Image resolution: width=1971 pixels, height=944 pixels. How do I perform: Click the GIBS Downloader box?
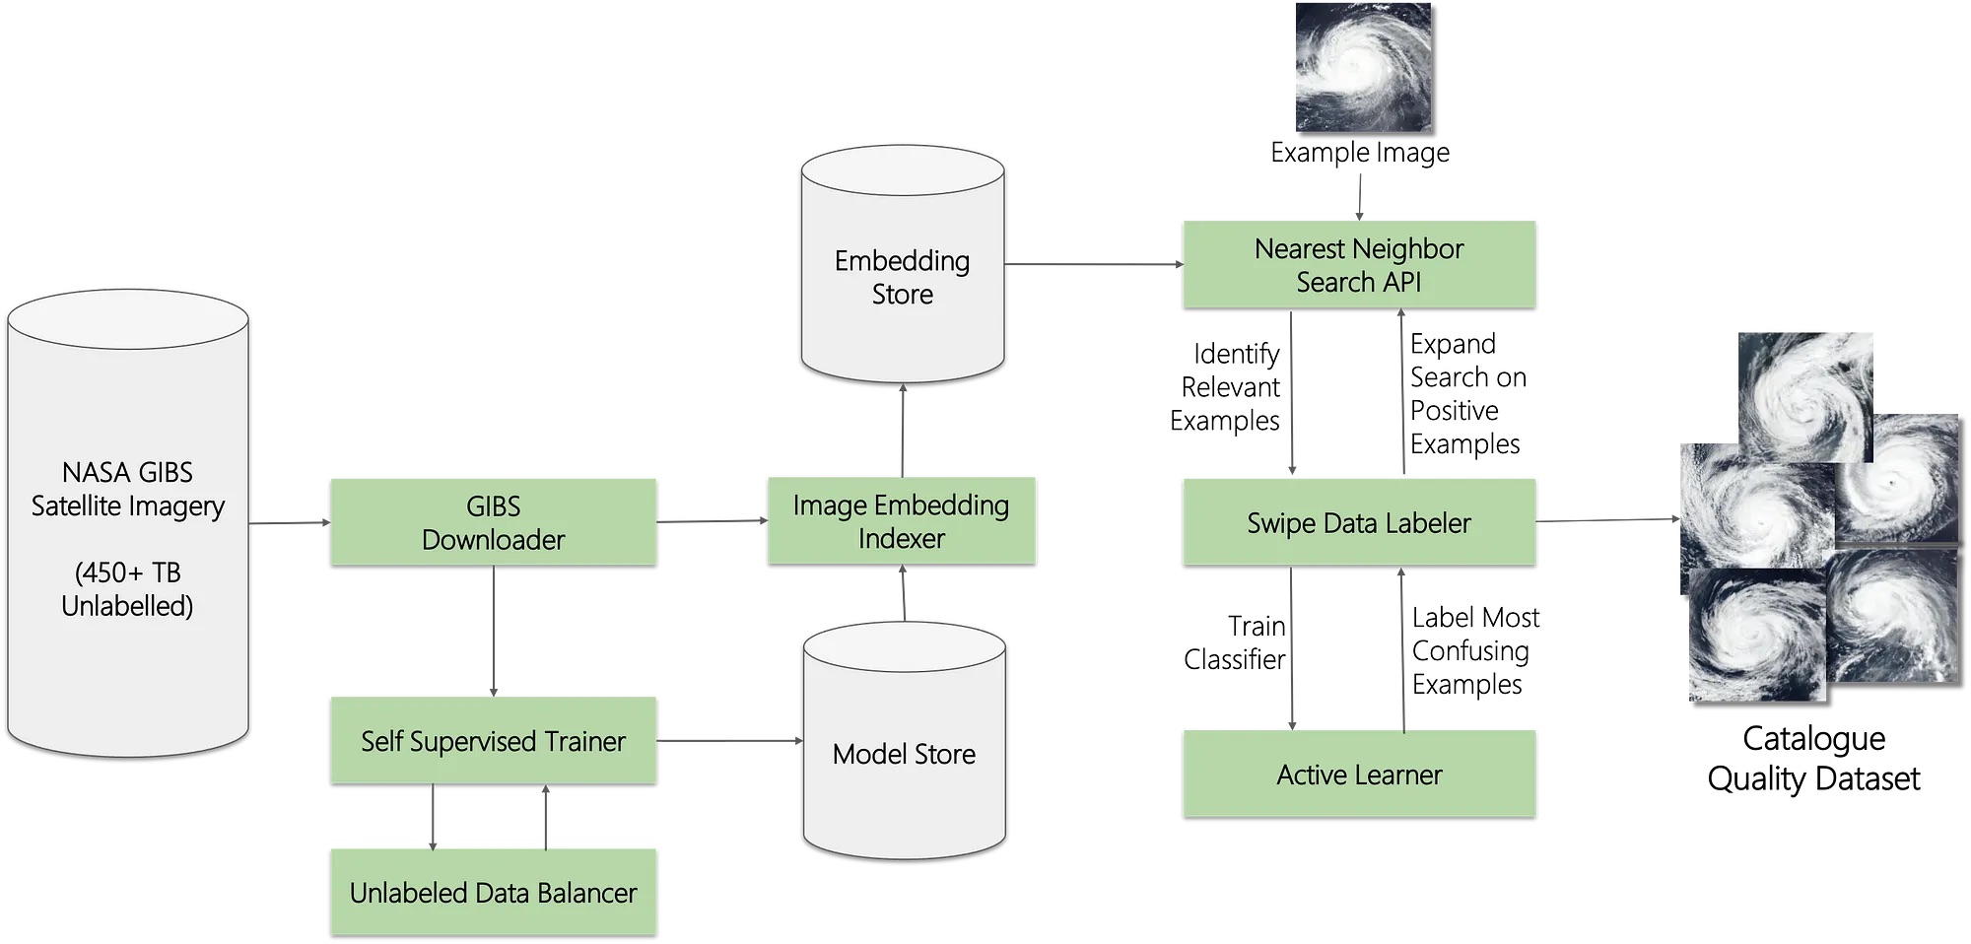(x=493, y=522)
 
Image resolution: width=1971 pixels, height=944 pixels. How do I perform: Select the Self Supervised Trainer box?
(x=493, y=741)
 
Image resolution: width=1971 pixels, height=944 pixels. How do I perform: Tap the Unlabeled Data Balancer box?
(x=493, y=893)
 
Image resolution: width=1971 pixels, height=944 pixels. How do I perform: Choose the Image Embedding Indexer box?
(x=902, y=521)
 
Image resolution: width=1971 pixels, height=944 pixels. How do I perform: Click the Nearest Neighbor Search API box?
(x=1359, y=264)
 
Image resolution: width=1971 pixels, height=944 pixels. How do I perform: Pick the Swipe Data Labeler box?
(x=1359, y=522)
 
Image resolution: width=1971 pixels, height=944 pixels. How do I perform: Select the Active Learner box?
(x=1359, y=775)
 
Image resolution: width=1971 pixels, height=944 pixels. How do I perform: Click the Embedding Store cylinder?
(x=903, y=264)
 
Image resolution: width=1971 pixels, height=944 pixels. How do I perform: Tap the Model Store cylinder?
(x=905, y=741)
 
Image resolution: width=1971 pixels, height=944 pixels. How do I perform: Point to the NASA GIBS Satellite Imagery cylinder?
(x=128, y=522)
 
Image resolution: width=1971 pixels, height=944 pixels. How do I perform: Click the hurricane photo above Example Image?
(x=1363, y=67)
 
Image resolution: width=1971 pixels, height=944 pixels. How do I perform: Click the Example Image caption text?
(x=1360, y=153)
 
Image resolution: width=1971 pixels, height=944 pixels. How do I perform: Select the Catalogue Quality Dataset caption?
(x=1813, y=758)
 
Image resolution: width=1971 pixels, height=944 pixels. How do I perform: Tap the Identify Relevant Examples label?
(x=1225, y=387)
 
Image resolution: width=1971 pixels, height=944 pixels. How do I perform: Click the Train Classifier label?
(x=1235, y=642)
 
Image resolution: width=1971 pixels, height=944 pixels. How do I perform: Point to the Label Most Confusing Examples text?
(x=1475, y=651)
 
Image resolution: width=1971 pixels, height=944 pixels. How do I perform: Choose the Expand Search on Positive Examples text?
(x=1468, y=394)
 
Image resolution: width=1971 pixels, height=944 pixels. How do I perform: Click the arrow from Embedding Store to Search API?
(x=1094, y=264)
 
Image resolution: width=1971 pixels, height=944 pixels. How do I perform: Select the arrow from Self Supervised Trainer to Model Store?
(x=729, y=741)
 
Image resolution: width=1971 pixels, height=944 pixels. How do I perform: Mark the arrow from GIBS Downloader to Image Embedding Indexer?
(x=713, y=521)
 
